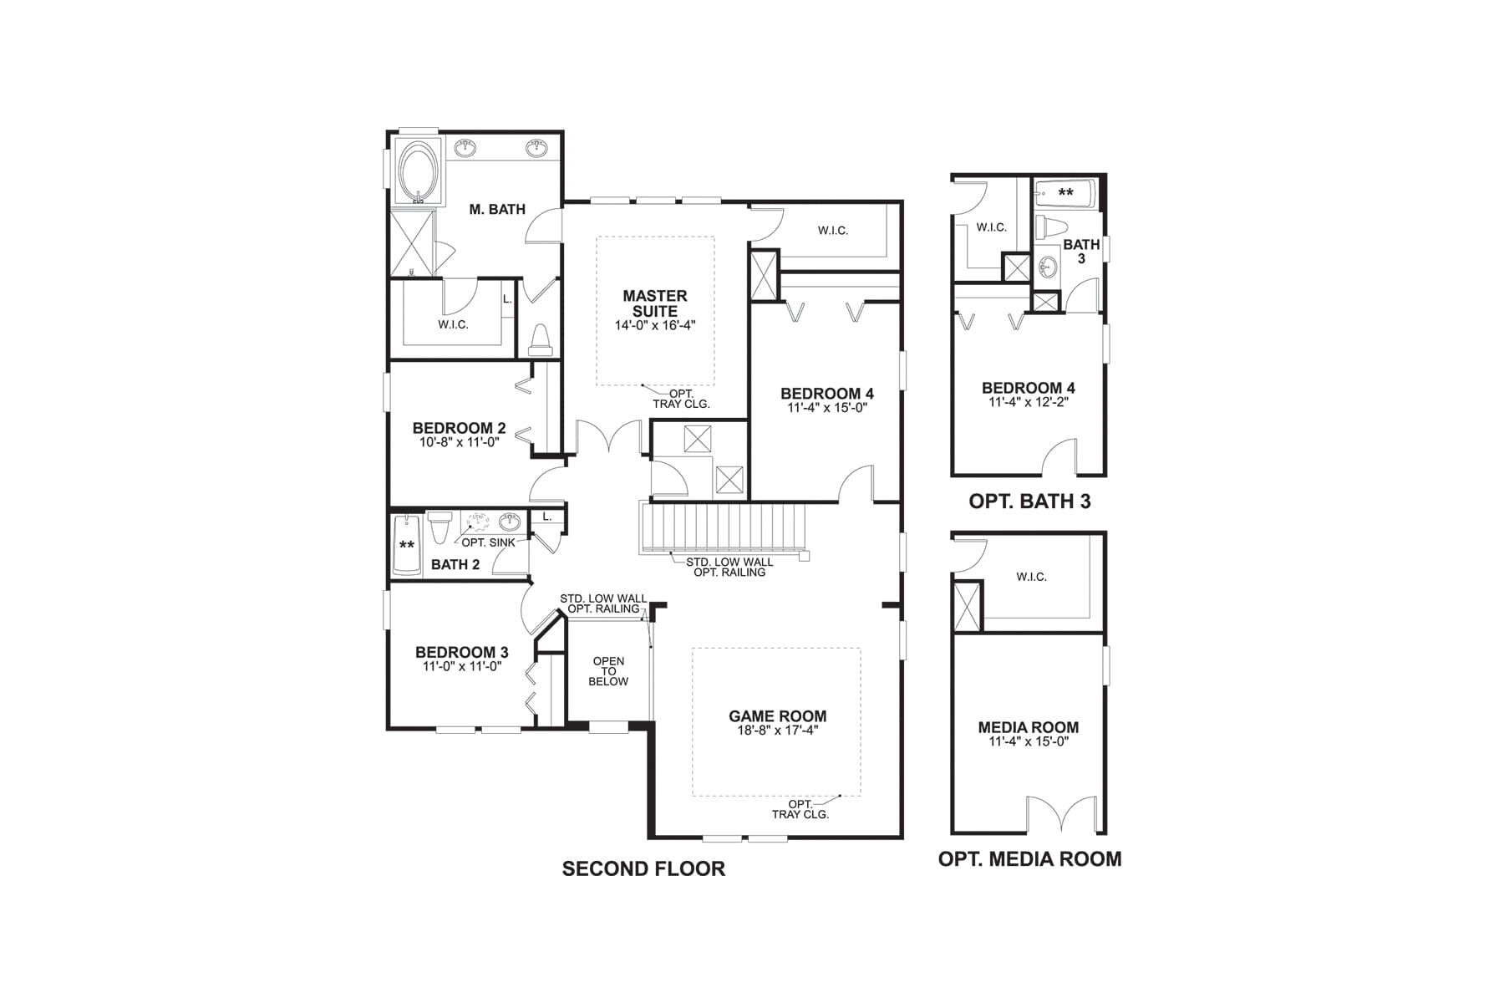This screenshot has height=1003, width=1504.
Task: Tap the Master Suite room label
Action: pyautogui.click(x=655, y=303)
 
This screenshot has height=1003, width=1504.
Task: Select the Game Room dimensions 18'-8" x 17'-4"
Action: pyautogui.click(x=777, y=730)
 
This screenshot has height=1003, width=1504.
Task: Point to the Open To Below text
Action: pyautogui.click(x=608, y=671)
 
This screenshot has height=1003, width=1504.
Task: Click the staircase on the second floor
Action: pyautogui.click(x=724, y=528)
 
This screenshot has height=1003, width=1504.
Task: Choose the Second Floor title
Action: pyautogui.click(x=643, y=868)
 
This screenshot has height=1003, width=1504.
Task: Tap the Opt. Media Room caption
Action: pyautogui.click(x=1029, y=859)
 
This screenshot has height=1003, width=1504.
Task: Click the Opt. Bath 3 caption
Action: pyautogui.click(x=1029, y=501)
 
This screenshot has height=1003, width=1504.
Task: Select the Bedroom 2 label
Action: pyautogui.click(x=459, y=428)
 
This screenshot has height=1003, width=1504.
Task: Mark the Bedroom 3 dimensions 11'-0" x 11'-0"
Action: pyautogui.click(x=462, y=666)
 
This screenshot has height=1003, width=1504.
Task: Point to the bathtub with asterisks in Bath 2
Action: pyautogui.click(x=407, y=544)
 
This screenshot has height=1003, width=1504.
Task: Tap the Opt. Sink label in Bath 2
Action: pyautogui.click(x=489, y=542)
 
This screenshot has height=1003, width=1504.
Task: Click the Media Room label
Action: pyautogui.click(x=1029, y=727)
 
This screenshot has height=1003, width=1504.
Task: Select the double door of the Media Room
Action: pyautogui.click(x=1060, y=814)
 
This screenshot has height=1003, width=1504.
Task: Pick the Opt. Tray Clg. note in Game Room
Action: pyautogui.click(x=800, y=809)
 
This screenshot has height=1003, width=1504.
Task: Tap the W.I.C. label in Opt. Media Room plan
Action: pyautogui.click(x=1031, y=577)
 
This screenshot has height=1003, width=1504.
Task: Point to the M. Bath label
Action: pyautogui.click(x=497, y=209)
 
